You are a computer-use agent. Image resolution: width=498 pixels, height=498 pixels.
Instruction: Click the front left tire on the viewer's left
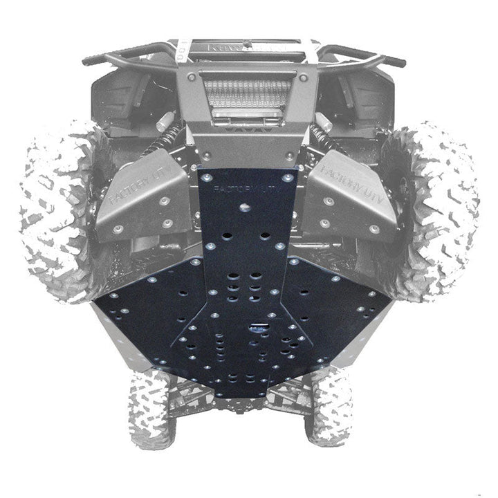coord(55,207)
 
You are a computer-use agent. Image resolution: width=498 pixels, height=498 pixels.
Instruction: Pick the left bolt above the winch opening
coord(201,75)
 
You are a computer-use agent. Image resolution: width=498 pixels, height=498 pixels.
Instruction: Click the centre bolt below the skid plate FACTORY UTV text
coord(244,206)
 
